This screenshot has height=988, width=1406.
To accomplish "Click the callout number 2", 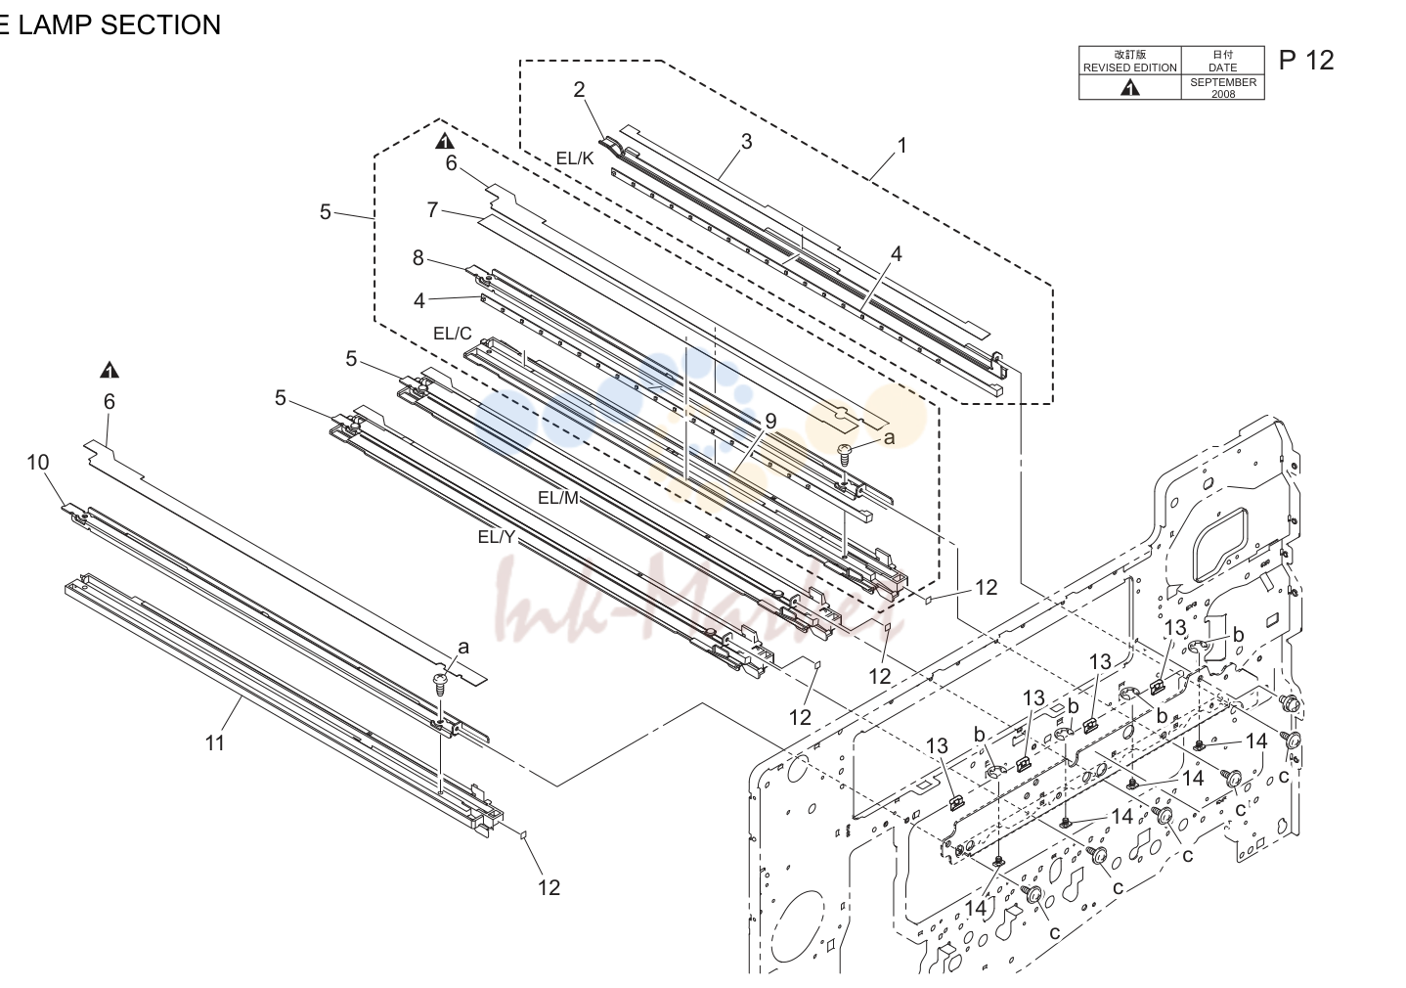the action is [x=579, y=90].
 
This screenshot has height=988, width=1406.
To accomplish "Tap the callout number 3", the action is [x=746, y=142].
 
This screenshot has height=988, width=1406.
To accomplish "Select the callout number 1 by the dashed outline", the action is [x=902, y=146].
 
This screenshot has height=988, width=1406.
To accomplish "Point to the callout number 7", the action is [x=432, y=209].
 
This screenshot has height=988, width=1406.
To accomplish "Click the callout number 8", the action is [x=418, y=258].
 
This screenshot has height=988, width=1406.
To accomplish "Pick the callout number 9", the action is [x=770, y=422].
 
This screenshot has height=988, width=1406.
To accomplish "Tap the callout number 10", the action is [x=38, y=463].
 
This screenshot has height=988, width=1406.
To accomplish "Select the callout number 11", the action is [x=215, y=743].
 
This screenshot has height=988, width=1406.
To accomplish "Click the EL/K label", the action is [x=574, y=158].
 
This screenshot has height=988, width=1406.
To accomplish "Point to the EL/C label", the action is [x=452, y=334].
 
